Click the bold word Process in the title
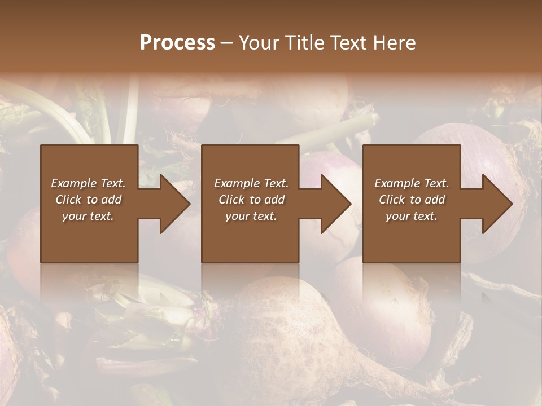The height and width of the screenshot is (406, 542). [x=177, y=43]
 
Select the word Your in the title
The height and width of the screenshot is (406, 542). [x=257, y=43]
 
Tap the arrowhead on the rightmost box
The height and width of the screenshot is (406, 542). [x=496, y=204]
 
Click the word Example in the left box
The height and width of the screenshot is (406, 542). [x=74, y=183]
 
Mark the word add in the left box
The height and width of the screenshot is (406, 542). [x=111, y=200]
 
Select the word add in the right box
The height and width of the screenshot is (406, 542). [x=435, y=200]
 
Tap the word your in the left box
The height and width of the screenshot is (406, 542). [x=74, y=217]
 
